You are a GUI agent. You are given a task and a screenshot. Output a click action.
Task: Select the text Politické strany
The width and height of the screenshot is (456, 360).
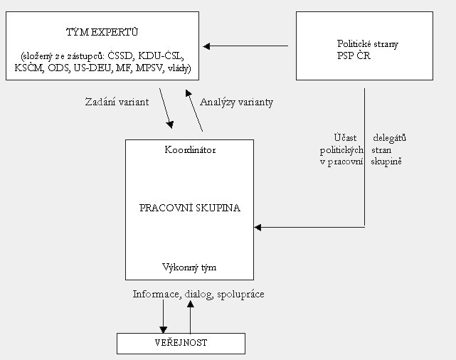(x=367, y=43)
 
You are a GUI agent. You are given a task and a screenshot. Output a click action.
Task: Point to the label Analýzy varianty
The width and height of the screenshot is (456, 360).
(x=236, y=102)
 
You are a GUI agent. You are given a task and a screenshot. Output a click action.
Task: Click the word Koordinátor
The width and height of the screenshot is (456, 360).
(x=189, y=150)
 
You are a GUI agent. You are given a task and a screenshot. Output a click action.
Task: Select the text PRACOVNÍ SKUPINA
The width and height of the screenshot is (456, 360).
(x=189, y=208)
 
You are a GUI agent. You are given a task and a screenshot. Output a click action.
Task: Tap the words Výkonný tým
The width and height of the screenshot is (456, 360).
(x=189, y=268)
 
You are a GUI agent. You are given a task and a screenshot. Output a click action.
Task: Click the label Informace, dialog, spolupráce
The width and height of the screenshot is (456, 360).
(x=198, y=294)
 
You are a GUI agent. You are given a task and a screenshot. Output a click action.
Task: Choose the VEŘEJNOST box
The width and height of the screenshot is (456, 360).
(x=181, y=343)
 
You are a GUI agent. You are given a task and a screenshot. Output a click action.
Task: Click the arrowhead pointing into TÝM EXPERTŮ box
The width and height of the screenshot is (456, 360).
(x=206, y=46)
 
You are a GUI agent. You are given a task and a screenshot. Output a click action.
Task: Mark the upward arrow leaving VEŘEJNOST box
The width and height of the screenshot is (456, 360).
(x=190, y=313)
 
